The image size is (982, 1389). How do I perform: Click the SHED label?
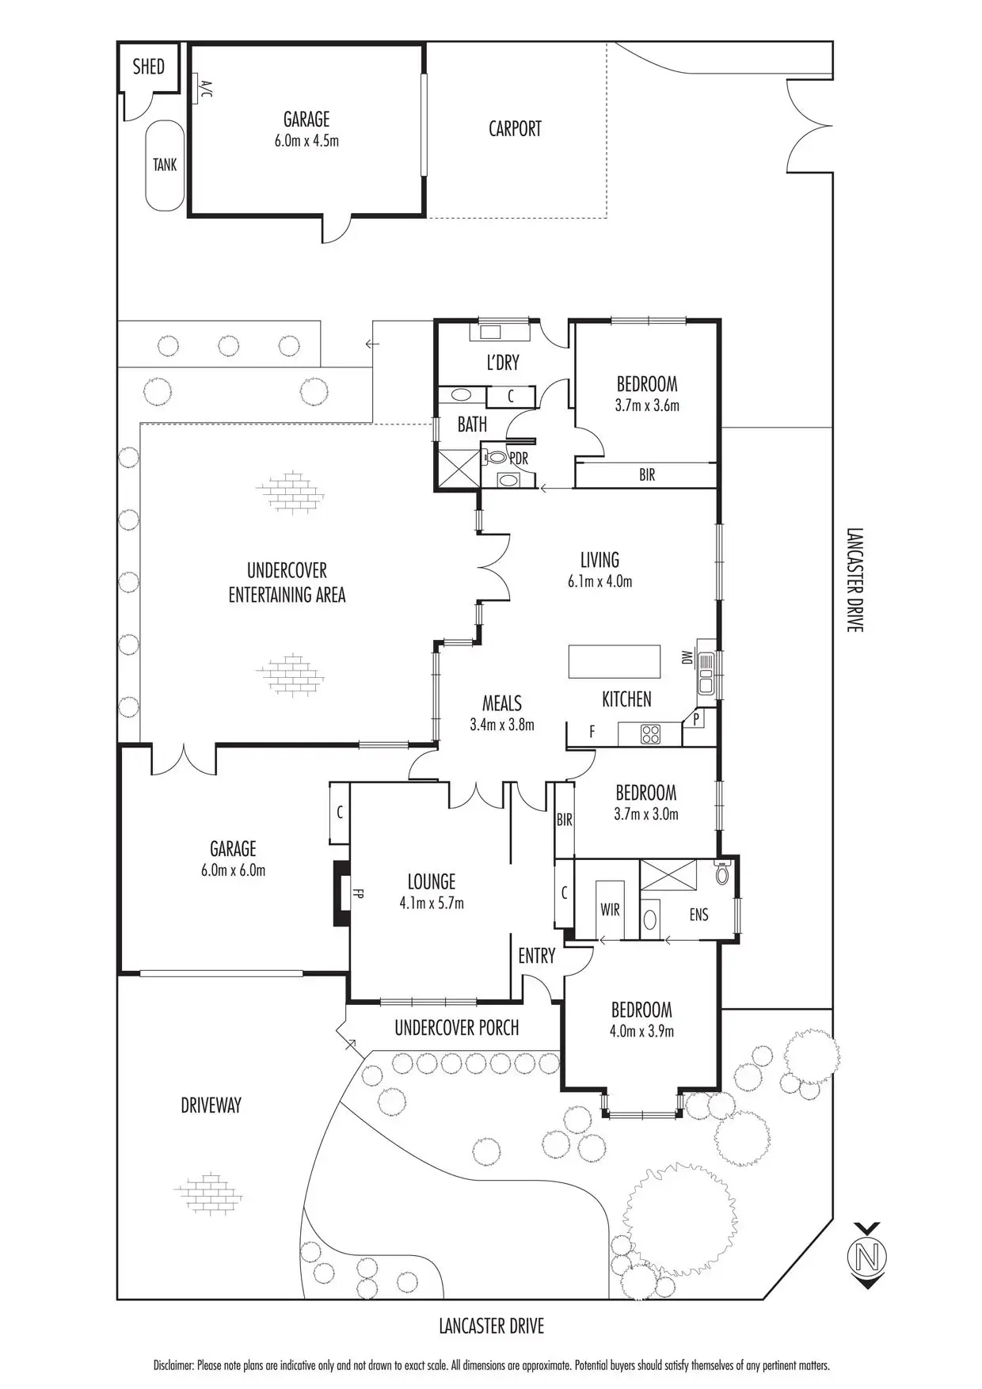pyautogui.click(x=149, y=67)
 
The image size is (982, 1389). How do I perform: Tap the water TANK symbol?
pyautogui.click(x=165, y=166)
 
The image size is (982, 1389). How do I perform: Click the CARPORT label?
pyautogui.click(x=515, y=128)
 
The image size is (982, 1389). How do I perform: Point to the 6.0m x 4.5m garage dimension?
pyautogui.click(x=306, y=142)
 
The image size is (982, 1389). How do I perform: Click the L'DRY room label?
pyautogui.click(x=503, y=363)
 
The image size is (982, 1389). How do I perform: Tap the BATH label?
pyautogui.click(x=472, y=424)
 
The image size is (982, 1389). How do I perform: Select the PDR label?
pyautogui.click(x=519, y=459)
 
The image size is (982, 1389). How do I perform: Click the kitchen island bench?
pyautogui.click(x=615, y=662)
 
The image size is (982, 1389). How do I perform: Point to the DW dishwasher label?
pyautogui.click(x=687, y=657)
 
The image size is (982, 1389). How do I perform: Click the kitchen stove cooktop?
pyautogui.click(x=651, y=734)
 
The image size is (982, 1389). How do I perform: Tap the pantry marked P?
pyautogui.click(x=697, y=720)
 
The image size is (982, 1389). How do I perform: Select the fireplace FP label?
pyautogui.click(x=359, y=894)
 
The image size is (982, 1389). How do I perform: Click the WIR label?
pyautogui.click(x=610, y=909)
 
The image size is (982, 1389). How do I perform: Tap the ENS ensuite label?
pyautogui.click(x=698, y=915)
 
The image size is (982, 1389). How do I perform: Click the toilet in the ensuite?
pyautogui.click(x=721, y=873)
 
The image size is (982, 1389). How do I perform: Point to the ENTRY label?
pyautogui.click(x=536, y=956)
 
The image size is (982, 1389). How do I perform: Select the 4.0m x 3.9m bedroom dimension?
pyautogui.click(x=641, y=1031)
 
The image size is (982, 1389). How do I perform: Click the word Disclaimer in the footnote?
pyautogui.click(x=173, y=1365)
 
